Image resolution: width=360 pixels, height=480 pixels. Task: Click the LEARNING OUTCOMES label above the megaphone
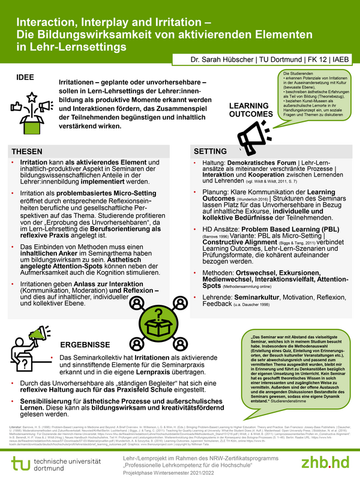click(251, 110)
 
